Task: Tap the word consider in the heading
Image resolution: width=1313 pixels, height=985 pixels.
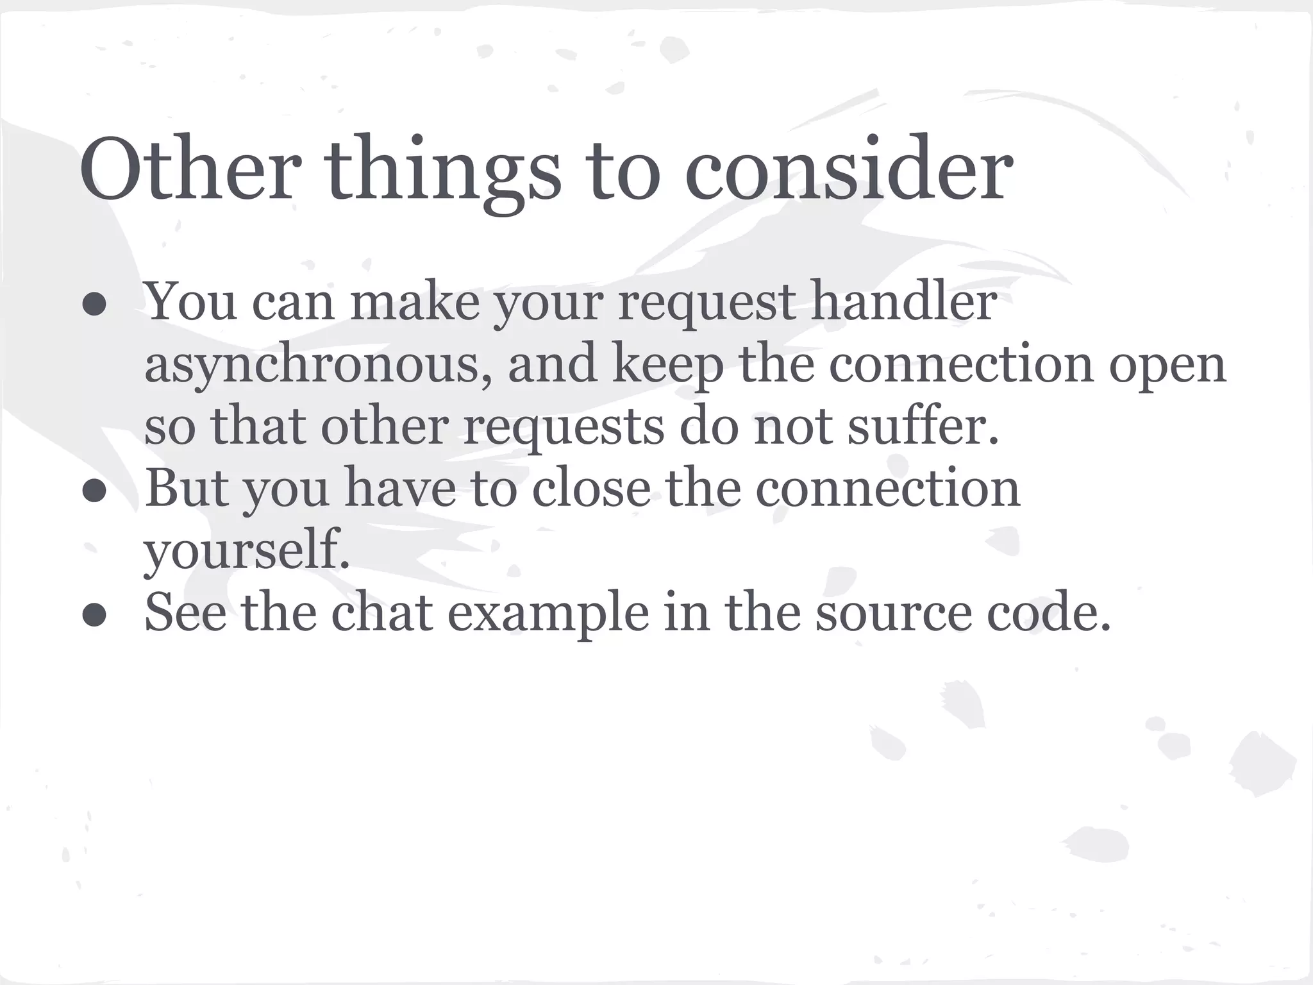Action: click(x=849, y=170)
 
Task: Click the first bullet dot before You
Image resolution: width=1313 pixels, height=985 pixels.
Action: click(x=94, y=306)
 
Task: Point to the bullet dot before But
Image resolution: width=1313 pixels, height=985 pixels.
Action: click(x=94, y=492)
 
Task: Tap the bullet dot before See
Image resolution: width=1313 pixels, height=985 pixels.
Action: click(x=94, y=616)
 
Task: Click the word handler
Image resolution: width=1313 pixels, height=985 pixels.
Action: click(x=904, y=301)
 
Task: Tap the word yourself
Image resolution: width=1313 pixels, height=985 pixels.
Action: click(x=247, y=550)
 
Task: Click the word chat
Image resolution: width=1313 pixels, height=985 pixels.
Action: click(x=381, y=612)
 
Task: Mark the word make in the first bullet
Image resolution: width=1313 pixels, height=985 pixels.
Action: click(x=414, y=301)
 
